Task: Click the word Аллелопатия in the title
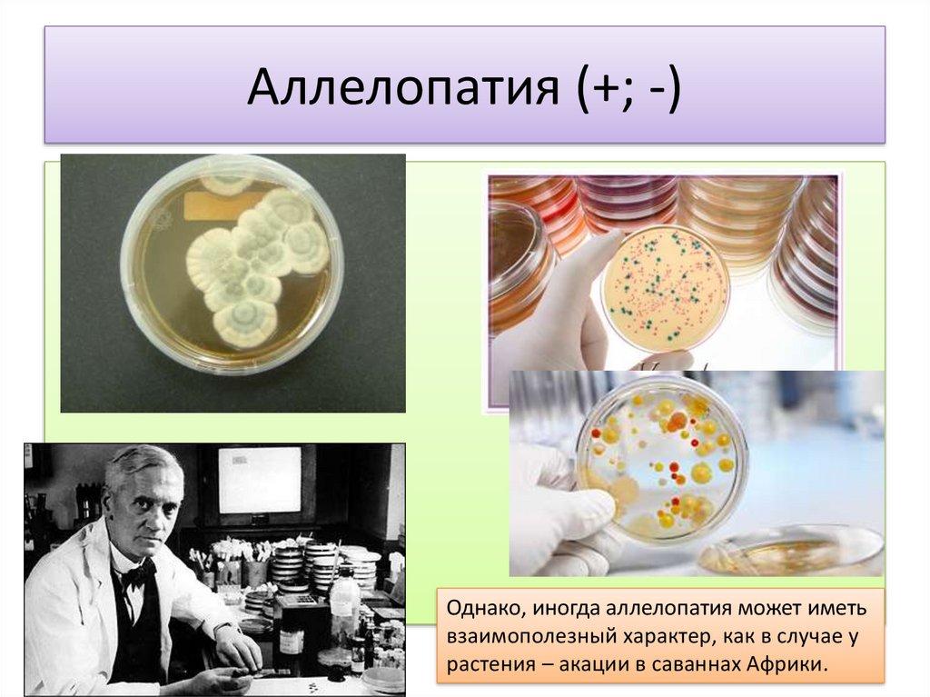click(x=403, y=87)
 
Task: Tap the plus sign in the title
click(x=603, y=89)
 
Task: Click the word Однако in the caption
click(x=484, y=609)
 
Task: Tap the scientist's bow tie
click(x=138, y=574)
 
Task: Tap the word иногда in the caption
click(x=565, y=610)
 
